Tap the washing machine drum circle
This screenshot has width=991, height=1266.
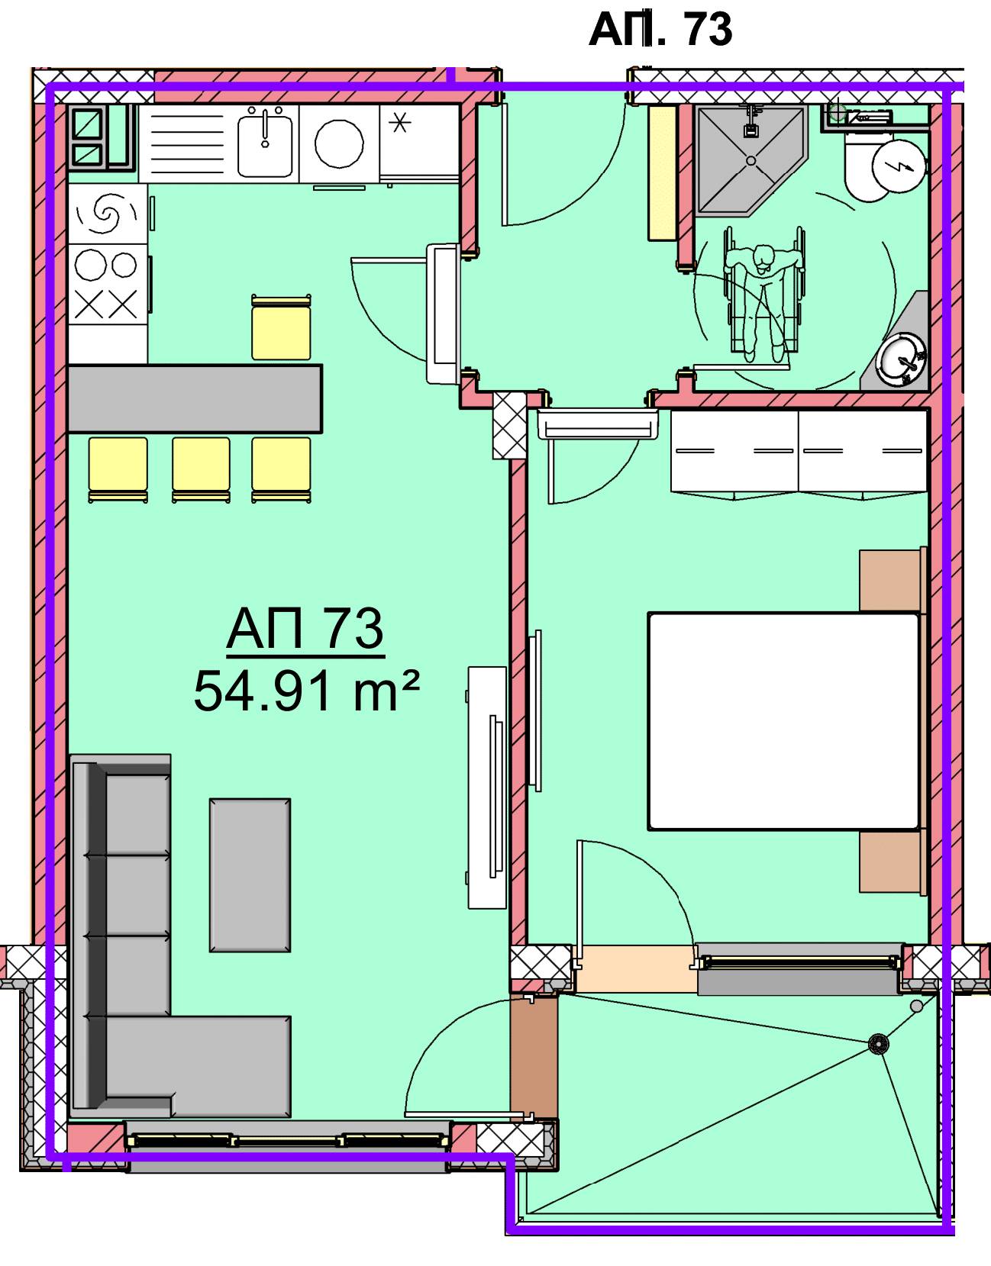[x=339, y=143]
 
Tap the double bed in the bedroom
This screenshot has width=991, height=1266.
[x=783, y=721]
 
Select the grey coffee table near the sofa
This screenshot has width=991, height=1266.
[x=250, y=875]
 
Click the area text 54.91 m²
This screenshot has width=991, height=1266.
[x=306, y=691]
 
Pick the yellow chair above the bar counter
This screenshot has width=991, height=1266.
[x=281, y=327]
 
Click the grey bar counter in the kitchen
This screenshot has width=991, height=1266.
[x=195, y=399]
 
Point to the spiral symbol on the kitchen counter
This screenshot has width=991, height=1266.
[x=107, y=214]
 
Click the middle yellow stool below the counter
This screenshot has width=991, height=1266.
[x=201, y=469]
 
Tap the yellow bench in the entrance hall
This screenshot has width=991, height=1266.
[x=663, y=172]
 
